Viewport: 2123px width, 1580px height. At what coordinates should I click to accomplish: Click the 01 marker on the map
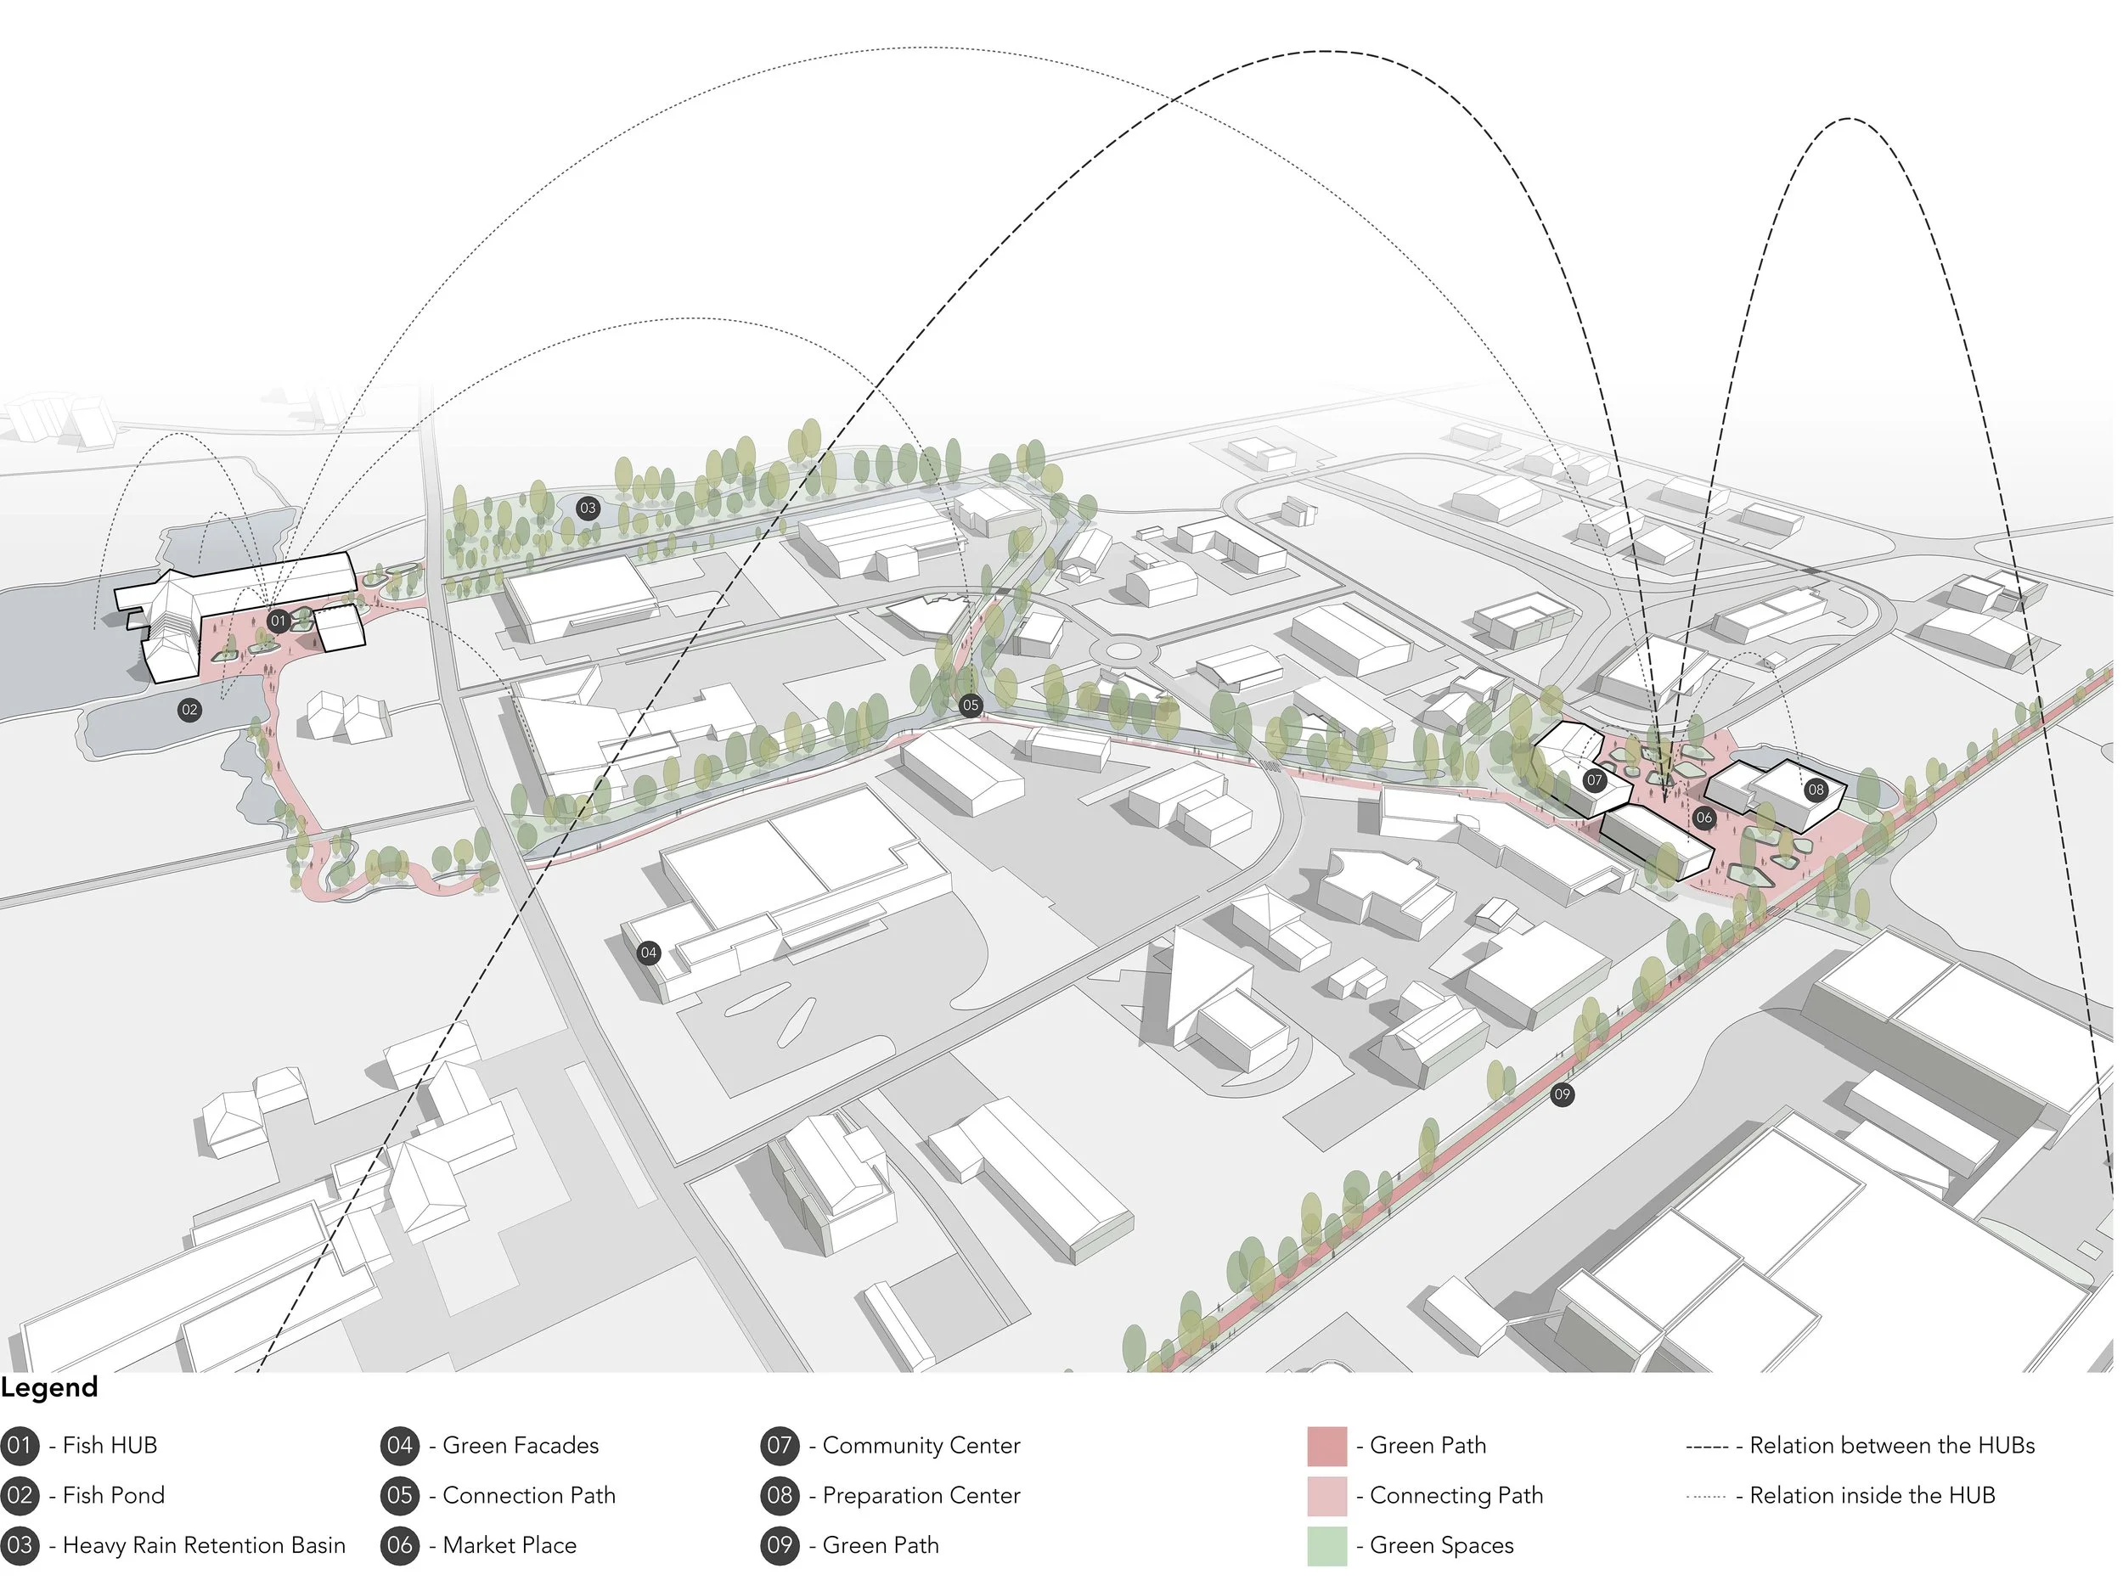[x=278, y=621]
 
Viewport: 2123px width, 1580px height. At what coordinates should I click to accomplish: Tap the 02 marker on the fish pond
[x=189, y=710]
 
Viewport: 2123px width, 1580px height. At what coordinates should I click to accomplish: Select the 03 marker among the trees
[x=588, y=508]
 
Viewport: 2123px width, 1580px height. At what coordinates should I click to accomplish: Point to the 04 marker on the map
[x=649, y=952]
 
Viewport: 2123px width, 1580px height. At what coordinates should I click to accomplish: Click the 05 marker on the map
[x=970, y=705]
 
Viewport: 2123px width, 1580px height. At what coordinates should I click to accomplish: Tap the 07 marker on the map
[x=1594, y=779]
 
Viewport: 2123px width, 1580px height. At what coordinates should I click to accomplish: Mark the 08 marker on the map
[x=1816, y=790]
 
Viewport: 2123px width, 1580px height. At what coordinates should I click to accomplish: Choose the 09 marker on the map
[x=1562, y=1094]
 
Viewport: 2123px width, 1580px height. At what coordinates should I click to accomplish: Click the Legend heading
[x=50, y=1388]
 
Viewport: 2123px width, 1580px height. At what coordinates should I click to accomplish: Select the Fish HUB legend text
[x=109, y=1445]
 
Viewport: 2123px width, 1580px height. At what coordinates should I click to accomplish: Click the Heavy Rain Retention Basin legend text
[x=204, y=1544]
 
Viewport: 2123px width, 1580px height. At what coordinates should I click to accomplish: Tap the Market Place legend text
[x=509, y=1544]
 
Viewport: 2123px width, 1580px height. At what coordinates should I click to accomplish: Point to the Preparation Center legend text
[x=921, y=1495]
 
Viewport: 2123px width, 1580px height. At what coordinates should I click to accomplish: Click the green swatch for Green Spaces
[x=1326, y=1544]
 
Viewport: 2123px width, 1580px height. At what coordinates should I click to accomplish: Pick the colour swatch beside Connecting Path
[x=1326, y=1495]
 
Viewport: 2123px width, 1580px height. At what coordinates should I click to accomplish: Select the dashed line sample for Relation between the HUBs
[x=1707, y=1446]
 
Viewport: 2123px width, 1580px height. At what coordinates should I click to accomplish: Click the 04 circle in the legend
[x=400, y=1445]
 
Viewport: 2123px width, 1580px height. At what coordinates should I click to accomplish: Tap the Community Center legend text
[x=921, y=1445]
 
